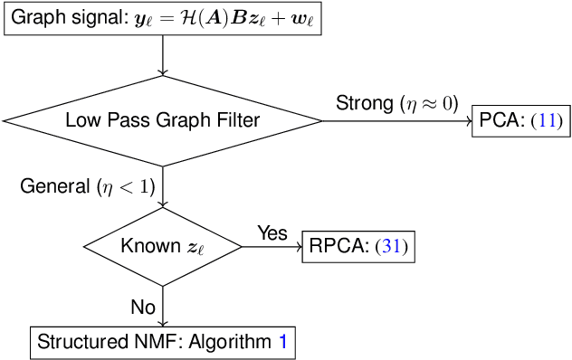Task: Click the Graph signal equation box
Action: point(163,19)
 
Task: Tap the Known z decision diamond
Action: point(163,247)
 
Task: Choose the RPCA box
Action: point(357,247)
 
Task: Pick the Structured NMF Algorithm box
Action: point(163,342)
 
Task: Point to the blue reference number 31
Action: point(393,247)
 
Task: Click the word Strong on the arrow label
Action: point(364,101)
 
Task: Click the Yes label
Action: point(272,232)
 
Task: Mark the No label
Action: point(143,307)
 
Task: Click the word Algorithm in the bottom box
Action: point(236,342)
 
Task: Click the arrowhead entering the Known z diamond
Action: point(163,204)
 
